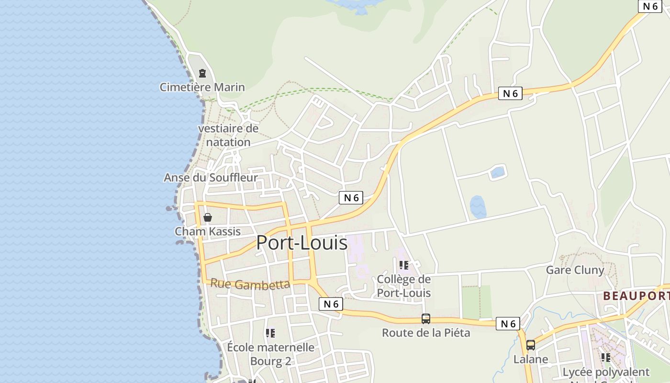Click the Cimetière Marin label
click(x=202, y=87)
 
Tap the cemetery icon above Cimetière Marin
click(x=202, y=74)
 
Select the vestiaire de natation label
click(x=228, y=135)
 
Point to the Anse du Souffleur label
click(x=211, y=178)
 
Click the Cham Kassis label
click(x=208, y=231)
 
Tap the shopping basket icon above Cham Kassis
click(x=208, y=218)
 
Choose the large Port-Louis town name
click(x=301, y=243)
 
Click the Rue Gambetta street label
click(x=250, y=284)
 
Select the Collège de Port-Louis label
click(x=403, y=286)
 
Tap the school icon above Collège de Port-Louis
click(x=404, y=265)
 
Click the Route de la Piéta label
click(x=426, y=332)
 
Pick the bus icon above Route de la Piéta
click(x=425, y=319)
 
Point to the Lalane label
click(x=531, y=359)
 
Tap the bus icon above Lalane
click(x=531, y=345)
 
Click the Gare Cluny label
click(x=575, y=270)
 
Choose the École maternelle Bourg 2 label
click(x=270, y=354)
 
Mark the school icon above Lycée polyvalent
click(x=606, y=358)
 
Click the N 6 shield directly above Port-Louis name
click(x=351, y=198)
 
